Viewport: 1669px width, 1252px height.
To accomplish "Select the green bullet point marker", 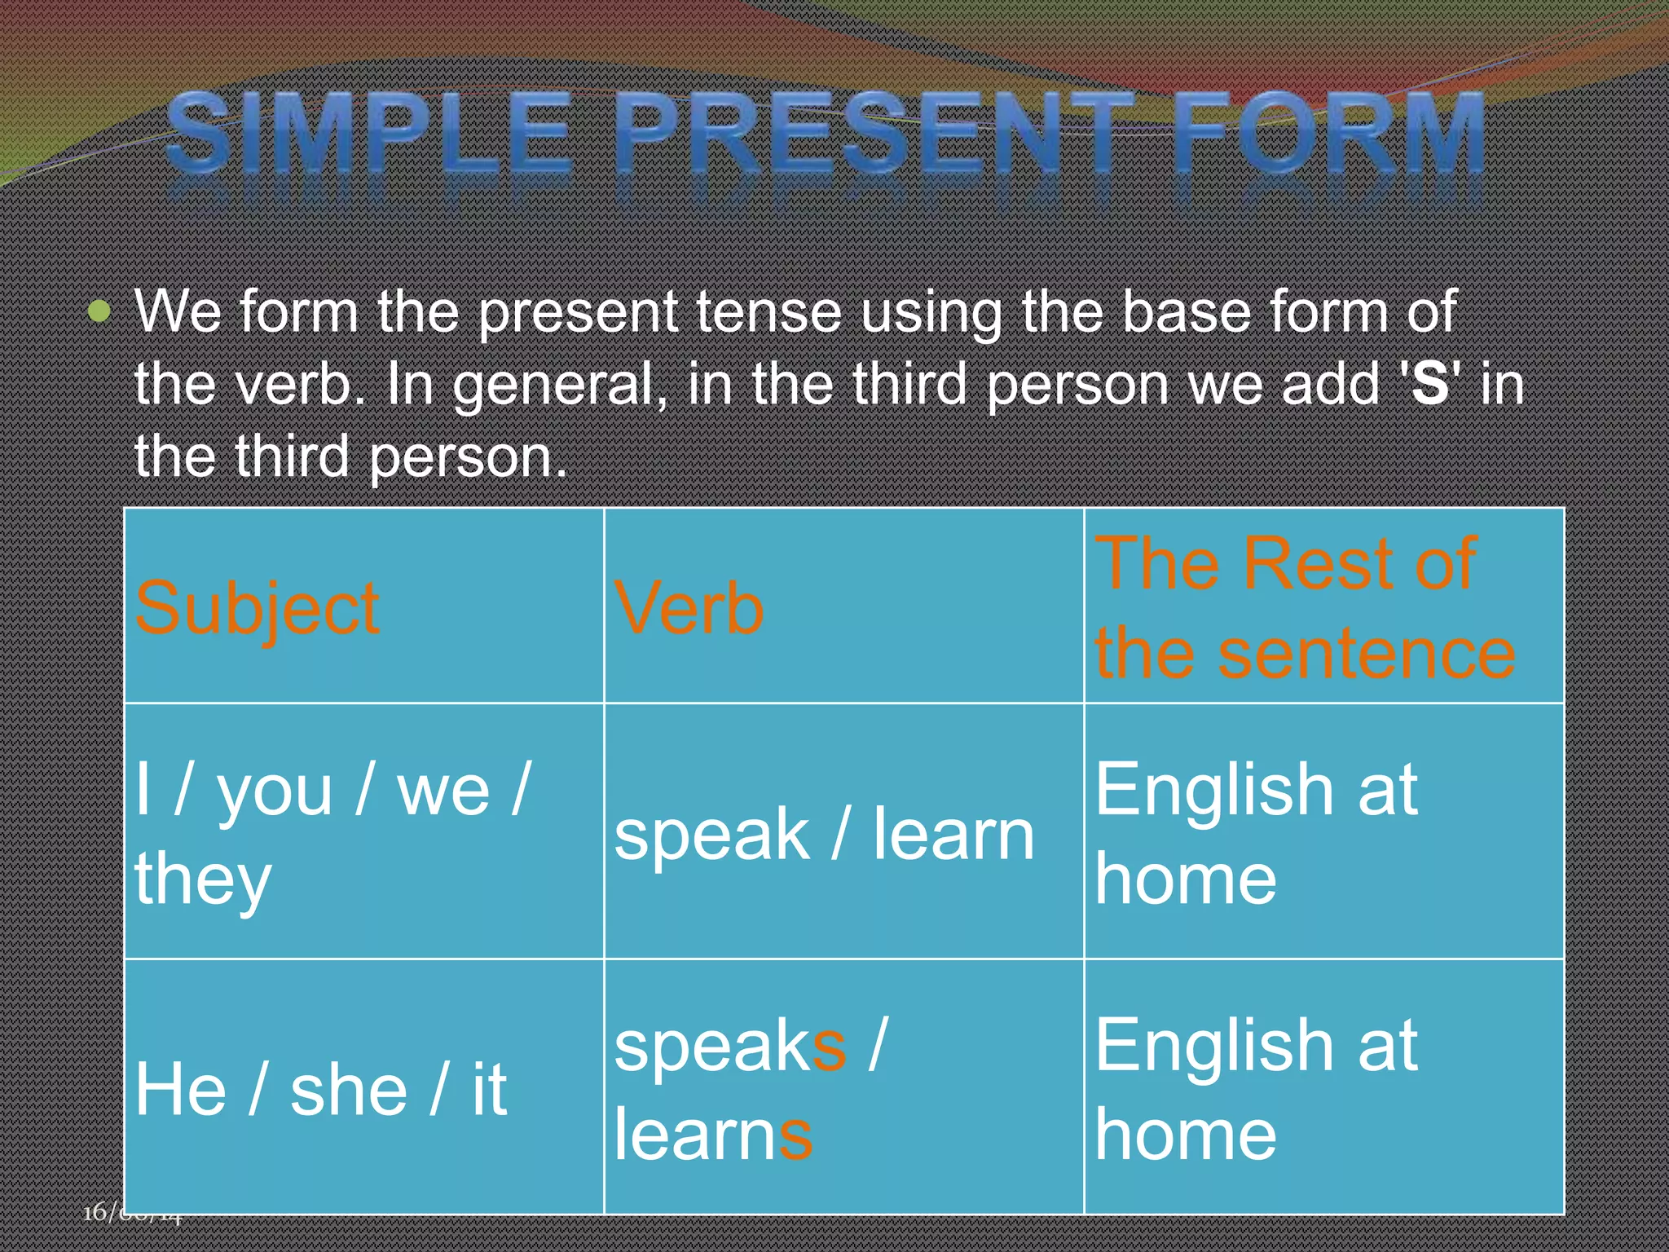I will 99,311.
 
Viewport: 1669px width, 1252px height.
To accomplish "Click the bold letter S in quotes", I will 1430,383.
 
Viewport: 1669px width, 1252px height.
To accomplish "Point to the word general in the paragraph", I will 554,385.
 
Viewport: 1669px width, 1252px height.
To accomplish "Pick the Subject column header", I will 257,609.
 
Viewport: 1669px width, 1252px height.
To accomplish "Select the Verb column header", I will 689,609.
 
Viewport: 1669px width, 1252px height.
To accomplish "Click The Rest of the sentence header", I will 1304,607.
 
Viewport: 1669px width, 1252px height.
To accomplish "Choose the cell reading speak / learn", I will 823,833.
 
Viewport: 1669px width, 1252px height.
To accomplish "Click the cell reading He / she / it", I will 320,1090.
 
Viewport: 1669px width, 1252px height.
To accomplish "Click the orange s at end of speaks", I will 829,1047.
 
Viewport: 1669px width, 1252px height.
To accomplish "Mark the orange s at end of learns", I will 795,1135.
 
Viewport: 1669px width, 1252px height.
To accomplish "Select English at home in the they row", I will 1255,833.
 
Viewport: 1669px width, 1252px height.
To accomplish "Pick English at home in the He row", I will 1255,1090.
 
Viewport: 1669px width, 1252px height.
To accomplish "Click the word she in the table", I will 349,1090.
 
